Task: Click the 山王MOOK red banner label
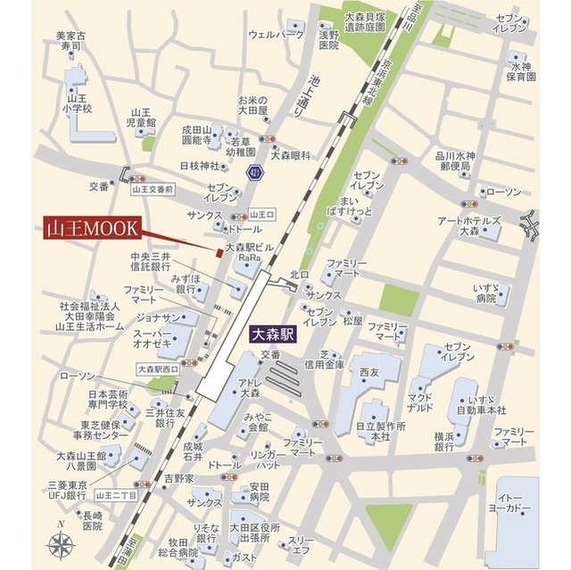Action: pyautogui.click(x=91, y=227)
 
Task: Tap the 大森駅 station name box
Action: pyautogui.click(x=273, y=336)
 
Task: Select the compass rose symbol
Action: pyautogui.click(x=62, y=542)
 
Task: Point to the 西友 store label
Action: pyautogui.click(x=368, y=371)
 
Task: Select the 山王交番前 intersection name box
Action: pyautogui.click(x=152, y=189)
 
